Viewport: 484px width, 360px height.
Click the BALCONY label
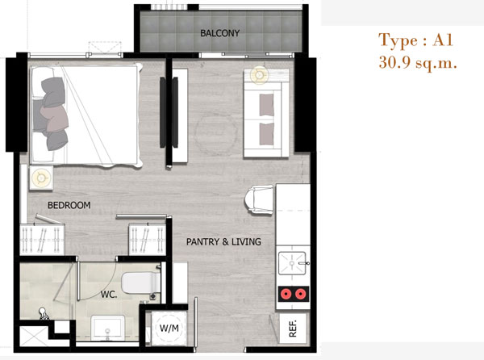[x=219, y=33]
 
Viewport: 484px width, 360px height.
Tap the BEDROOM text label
[x=69, y=205]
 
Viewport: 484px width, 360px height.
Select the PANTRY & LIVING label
[x=223, y=241]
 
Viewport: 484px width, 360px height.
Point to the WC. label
[x=109, y=295]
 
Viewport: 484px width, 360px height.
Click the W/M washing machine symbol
[x=169, y=328]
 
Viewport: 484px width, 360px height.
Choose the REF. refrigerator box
[x=293, y=329]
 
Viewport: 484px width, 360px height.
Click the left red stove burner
[x=286, y=294]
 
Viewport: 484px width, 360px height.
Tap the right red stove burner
[x=300, y=294]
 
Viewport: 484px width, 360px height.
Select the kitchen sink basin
[x=292, y=263]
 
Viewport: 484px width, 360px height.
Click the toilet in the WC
[x=140, y=283]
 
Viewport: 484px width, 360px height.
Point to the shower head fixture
[x=44, y=313]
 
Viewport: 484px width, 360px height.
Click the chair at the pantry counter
[x=259, y=199]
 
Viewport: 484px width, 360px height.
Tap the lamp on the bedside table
[x=41, y=178]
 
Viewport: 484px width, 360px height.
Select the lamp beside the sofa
[x=259, y=75]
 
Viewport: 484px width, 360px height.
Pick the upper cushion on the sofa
[x=267, y=105]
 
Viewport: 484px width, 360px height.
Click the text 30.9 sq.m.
[x=418, y=63]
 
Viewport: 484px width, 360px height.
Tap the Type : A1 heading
[x=415, y=40]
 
